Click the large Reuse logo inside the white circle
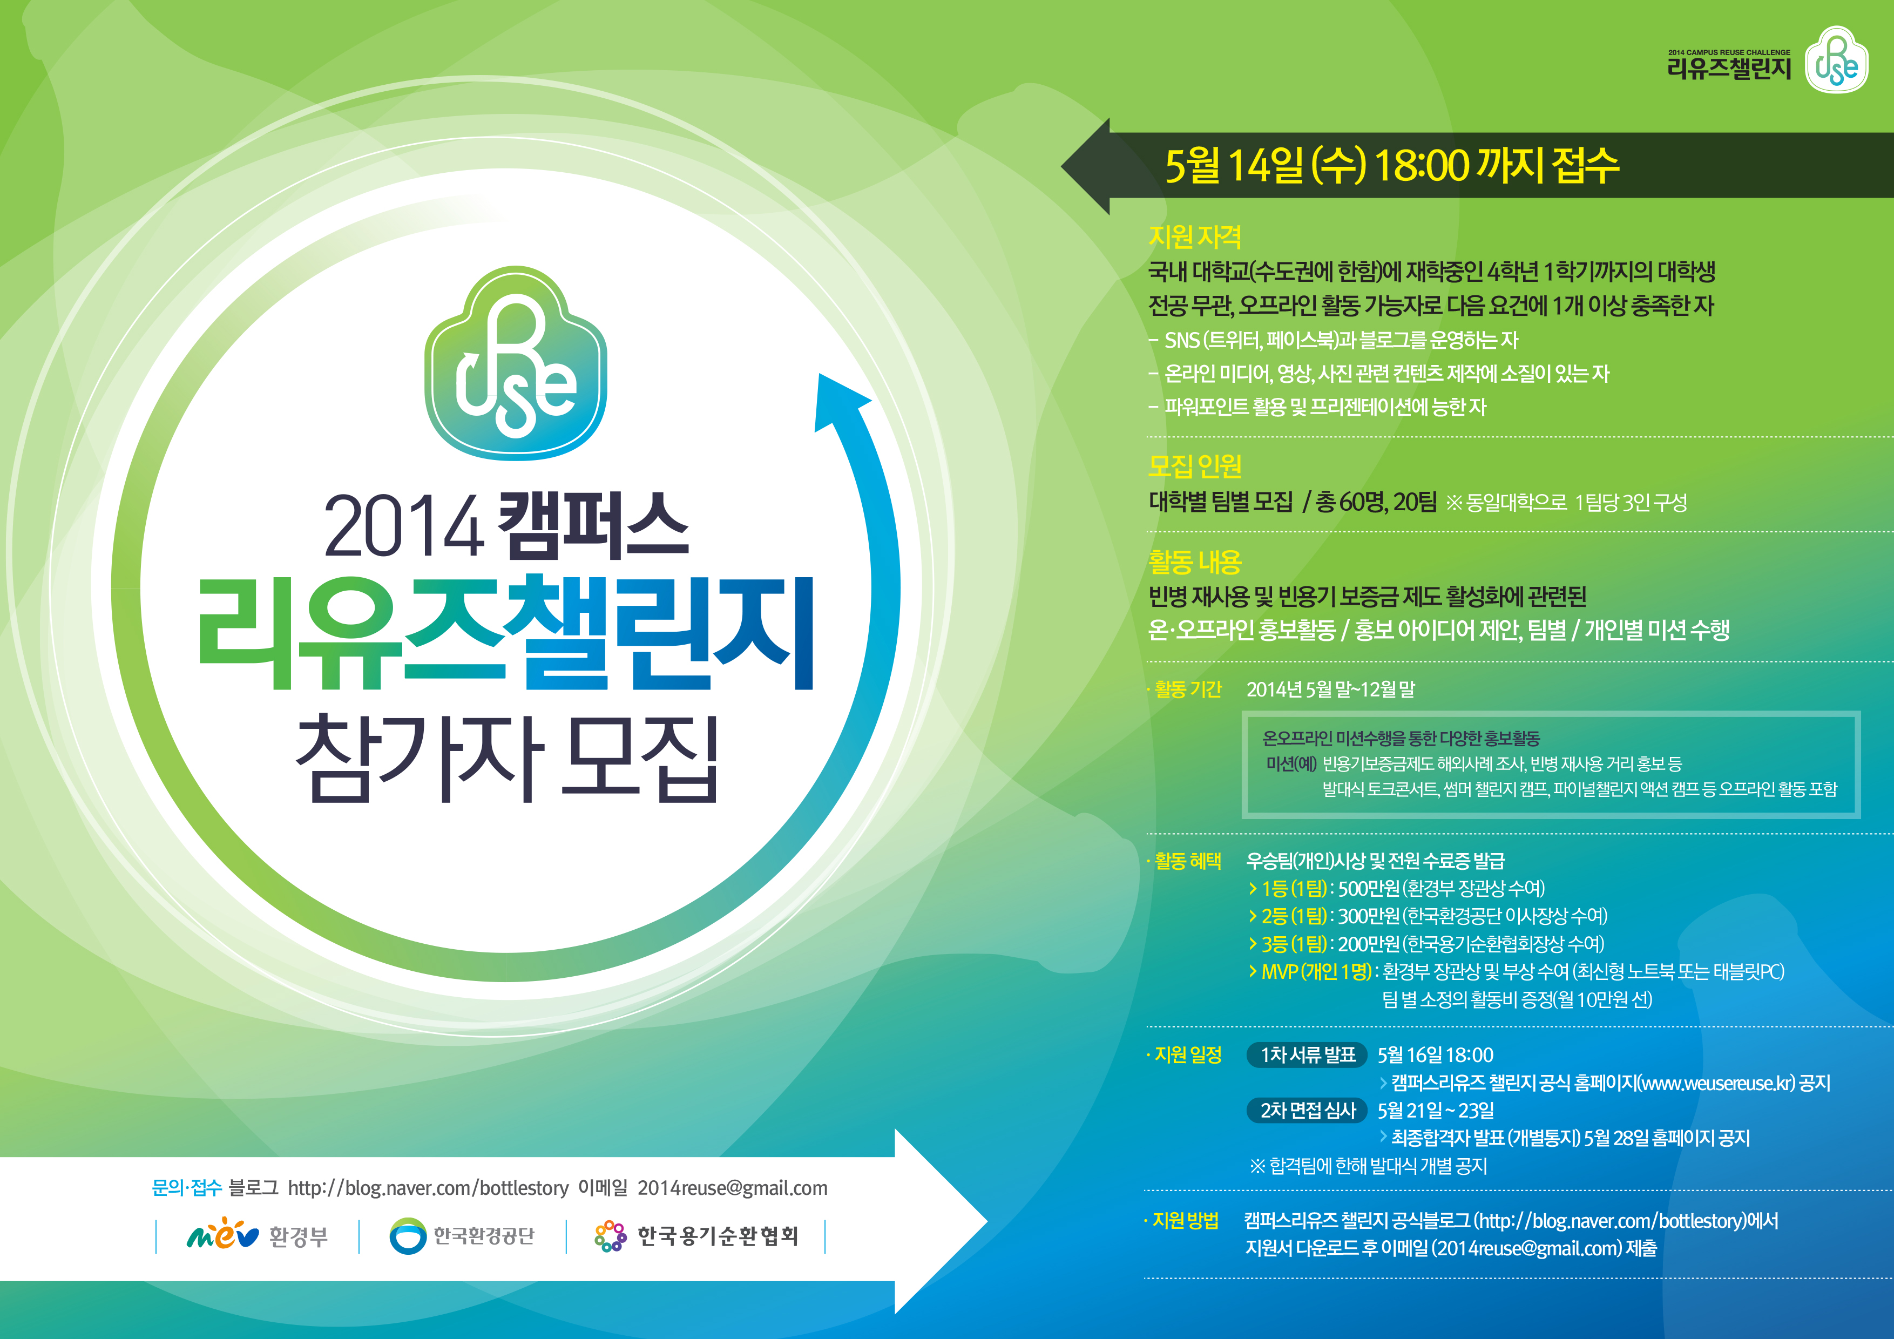point(516,363)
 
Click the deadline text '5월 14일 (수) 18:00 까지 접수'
point(1392,165)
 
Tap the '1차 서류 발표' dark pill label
point(1308,1054)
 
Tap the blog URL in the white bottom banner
point(428,1188)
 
